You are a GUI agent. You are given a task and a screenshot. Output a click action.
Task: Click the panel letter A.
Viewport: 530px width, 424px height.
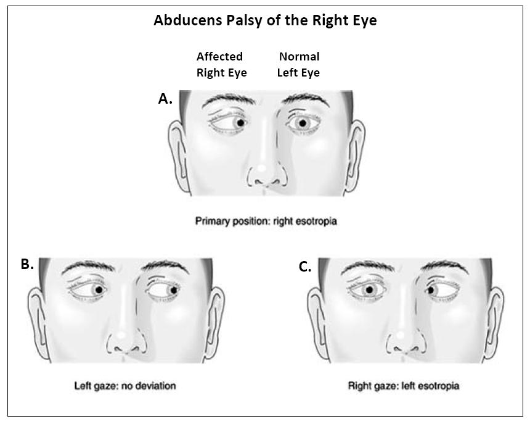coord(165,99)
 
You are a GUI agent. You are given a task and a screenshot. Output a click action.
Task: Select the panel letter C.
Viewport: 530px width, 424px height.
coord(304,267)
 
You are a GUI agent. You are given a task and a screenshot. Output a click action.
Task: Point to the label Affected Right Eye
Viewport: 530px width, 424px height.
coord(221,64)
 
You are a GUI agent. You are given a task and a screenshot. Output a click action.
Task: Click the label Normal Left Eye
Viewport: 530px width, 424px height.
coord(299,64)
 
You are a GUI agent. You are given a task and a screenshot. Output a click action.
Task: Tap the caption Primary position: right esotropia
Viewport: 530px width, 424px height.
coord(266,220)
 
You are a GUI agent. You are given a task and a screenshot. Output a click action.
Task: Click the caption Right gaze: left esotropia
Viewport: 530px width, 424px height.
coord(404,386)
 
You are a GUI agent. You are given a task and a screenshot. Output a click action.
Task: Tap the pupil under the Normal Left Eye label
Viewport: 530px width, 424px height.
coord(301,123)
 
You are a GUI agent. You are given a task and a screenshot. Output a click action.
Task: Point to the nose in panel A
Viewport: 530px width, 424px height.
coord(264,173)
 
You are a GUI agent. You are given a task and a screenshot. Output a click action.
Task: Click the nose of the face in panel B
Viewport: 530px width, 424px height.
coord(124,338)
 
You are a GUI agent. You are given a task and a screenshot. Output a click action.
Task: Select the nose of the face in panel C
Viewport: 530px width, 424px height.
coord(404,338)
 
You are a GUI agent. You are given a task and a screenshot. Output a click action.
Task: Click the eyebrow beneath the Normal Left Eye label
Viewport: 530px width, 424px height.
coord(306,100)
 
